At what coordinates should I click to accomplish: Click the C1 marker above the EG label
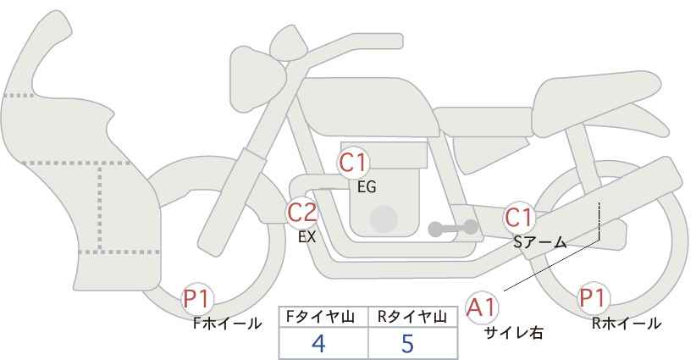point(353,163)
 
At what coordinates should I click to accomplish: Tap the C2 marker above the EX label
point(301,212)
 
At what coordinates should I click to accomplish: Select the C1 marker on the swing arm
point(518,218)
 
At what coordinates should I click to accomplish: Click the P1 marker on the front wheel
point(197,299)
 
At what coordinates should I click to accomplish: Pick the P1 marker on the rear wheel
point(593,298)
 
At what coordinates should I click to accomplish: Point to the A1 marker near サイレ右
point(482,307)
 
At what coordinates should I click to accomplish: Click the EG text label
point(367,187)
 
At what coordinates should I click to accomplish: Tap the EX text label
point(307,237)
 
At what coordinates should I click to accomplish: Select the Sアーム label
point(540,242)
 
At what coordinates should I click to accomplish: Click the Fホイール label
point(228,324)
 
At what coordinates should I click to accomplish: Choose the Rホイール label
point(627,324)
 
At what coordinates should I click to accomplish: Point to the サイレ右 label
point(514,333)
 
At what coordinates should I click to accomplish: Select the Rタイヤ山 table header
point(412,317)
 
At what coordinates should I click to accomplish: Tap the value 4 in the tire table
point(318,343)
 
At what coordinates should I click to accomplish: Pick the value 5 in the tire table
point(407,343)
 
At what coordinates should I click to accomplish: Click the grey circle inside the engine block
point(384,219)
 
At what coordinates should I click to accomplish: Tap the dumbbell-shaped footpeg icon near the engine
point(453,228)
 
